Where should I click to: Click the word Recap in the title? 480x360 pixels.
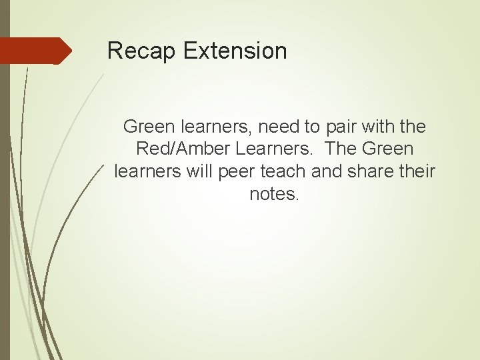136,51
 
